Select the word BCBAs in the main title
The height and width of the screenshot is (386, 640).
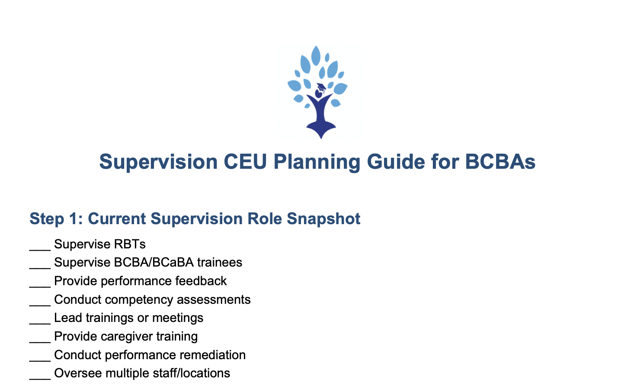[500, 162]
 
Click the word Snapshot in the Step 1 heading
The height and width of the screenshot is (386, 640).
[323, 219]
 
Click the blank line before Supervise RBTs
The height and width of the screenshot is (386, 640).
[40, 250]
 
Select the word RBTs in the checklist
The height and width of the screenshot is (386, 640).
[130, 244]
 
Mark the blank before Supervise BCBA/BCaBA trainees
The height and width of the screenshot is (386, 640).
[40, 268]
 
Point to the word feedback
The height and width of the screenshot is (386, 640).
[201, 281]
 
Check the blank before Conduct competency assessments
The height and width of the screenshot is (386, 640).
[40, 306]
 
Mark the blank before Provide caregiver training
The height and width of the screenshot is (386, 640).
[40, 342]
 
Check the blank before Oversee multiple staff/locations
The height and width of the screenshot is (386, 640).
[40, 379]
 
